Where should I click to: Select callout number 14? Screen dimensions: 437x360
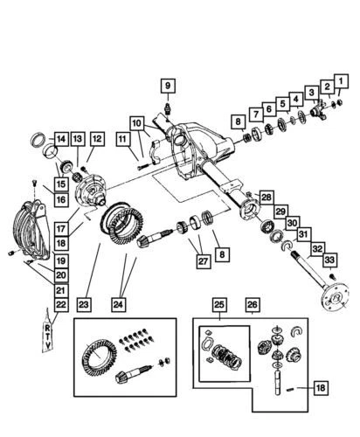60,138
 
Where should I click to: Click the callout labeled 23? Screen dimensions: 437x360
84,305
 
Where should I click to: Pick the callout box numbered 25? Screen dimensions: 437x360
219,305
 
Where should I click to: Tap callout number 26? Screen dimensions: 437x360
252,305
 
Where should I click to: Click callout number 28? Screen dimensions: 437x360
267,196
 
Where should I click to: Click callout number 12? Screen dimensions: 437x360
96,138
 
